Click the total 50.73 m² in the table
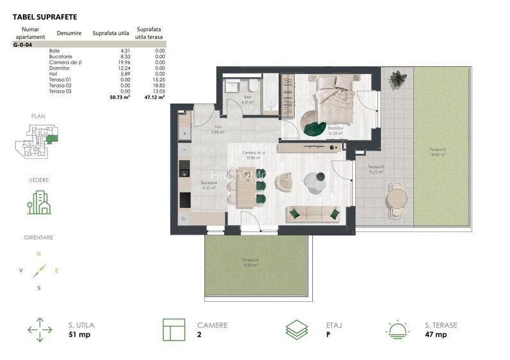pos(120,98)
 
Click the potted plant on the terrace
pos(397,80)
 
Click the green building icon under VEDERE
pos(39,203)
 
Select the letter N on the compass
pos(38,254)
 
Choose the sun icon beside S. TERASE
pos(397,330)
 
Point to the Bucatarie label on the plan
pos(208,185)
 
